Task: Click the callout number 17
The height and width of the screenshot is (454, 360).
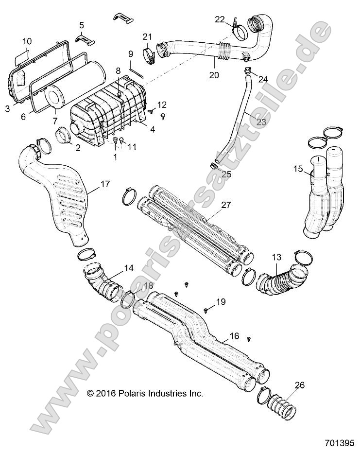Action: (x=105, y=184)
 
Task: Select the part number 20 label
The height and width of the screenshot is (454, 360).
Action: (x=214, y=75)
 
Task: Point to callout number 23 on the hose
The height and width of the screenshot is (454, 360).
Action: (x=261, y=122)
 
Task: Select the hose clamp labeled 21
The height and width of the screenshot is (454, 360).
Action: (x=148, y=55)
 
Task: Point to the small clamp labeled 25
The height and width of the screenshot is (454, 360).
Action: (x=214, y=166)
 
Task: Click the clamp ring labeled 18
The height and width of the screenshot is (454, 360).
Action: (x=129, y=300)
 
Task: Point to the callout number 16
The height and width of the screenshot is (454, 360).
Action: (x=234, y=336)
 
